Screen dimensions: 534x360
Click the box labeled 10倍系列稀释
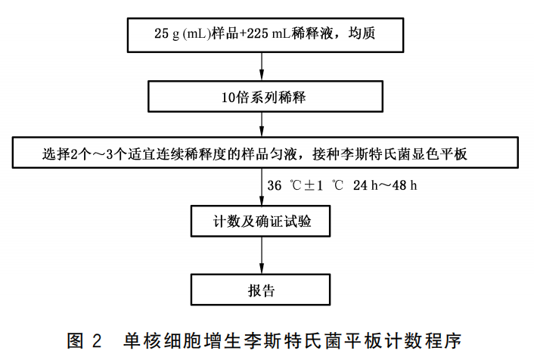(x=265, y=96)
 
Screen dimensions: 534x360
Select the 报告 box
(x=260, y=290)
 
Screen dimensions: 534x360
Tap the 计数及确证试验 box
(x=260, y=221)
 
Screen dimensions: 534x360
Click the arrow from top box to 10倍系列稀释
(x=262, y=67)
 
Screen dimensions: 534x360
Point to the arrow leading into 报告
(x=262, y=255)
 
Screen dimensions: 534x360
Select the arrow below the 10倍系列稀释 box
(x=262, y=124)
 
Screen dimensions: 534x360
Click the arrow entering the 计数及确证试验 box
(x=262, y=187)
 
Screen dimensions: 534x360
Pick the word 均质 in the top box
(x=362, y=33)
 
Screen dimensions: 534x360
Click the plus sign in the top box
(x=242, y=33)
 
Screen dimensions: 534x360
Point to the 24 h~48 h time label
(x=385, y=185)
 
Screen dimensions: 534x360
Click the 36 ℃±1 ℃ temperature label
(x=305, y=185)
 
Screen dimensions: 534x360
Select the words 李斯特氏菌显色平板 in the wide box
(x=404, y=154)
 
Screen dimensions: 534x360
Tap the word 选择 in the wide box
(x=56, y=154)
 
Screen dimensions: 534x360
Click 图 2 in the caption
(x=84, y=340)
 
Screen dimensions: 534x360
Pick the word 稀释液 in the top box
(x=312, y=33)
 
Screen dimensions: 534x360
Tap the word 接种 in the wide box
(x=327, y=154)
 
